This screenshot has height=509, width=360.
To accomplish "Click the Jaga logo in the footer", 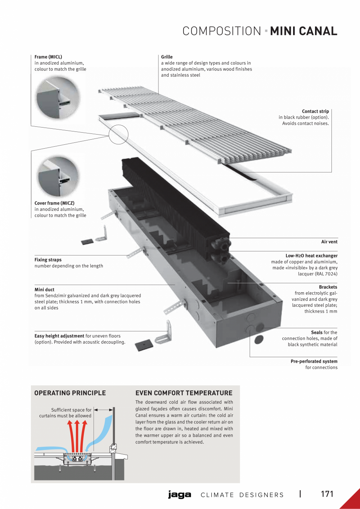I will pos(180,495).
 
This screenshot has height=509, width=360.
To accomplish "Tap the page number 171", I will pos(327,494).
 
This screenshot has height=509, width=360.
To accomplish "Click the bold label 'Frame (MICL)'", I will pos(48,57).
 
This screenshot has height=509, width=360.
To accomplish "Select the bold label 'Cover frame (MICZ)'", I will pos(54,203).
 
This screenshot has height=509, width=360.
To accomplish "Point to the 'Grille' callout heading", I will pos(167,57).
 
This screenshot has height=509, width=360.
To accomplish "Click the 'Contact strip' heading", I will pos(315,112).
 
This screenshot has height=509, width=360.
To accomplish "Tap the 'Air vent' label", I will pos(329,242).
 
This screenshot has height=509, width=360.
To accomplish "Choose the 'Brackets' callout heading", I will pos(328,287).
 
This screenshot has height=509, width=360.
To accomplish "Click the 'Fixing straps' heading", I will pos(48,260).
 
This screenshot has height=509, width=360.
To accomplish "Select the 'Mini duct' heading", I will pos(45,290).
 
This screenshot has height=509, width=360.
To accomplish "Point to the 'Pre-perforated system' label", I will pos(314,362).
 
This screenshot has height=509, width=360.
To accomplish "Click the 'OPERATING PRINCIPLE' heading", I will pos(70,393).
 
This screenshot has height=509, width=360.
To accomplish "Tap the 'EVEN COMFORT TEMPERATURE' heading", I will pos(184,393).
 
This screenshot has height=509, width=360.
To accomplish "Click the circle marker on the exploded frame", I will pos(119,134).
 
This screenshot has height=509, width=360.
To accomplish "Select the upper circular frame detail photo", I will pos(58,98).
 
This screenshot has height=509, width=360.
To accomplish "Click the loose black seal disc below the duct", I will pos(259,340).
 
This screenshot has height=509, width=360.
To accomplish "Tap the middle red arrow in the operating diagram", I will pos(77,434).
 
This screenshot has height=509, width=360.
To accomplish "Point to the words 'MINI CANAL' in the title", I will pos(304,31).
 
